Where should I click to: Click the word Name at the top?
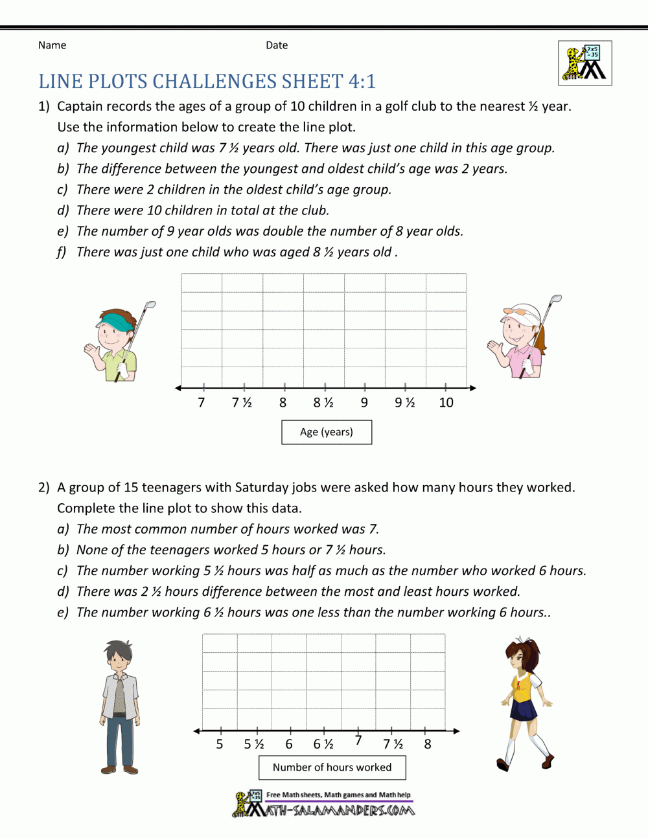[x=52, y=45]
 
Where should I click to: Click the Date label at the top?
[x=277, y=45]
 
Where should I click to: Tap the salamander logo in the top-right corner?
[x=584, y=63]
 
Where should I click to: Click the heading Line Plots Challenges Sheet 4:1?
[x=207, y=82]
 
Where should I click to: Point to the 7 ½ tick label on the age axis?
[x=242, y=403]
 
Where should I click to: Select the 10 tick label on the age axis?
[x=446, y=403]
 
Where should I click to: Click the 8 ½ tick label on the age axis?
[x=323, y=403]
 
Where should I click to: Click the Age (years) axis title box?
[x=327, y=432]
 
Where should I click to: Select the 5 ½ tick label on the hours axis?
[x=254, y=745]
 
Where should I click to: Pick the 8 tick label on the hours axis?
[x=428, y=745]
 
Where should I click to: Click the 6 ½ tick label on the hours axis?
[x=323, y=745]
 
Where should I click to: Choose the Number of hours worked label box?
[x=332, y=767]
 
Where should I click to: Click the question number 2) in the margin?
[x=43, y=488]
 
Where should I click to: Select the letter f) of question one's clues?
[x=62, y=253]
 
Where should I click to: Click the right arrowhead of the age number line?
[x=473, y=388]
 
